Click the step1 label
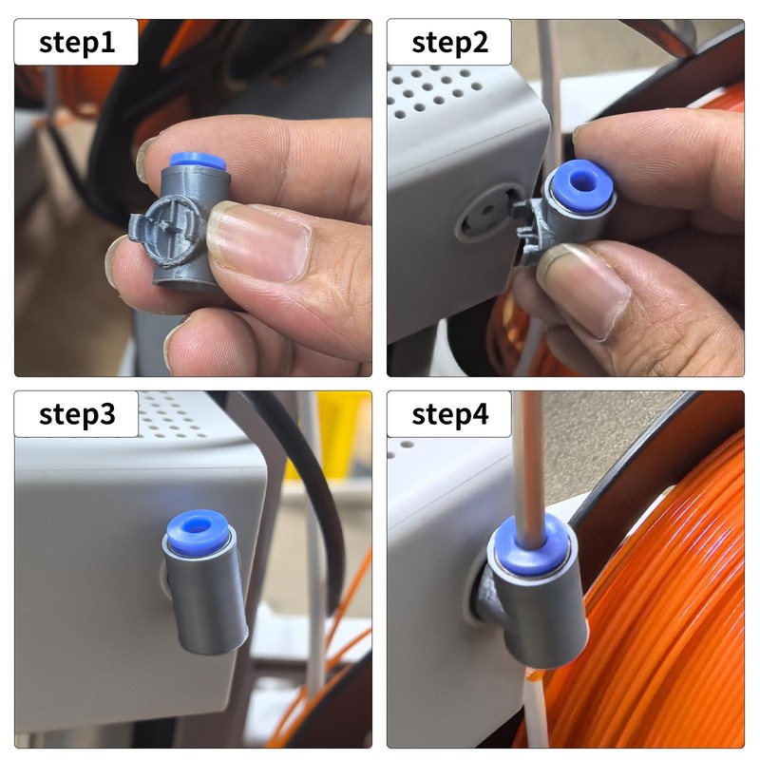76,43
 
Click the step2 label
449,43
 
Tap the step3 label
76,414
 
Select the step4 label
449,414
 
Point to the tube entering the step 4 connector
530,456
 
